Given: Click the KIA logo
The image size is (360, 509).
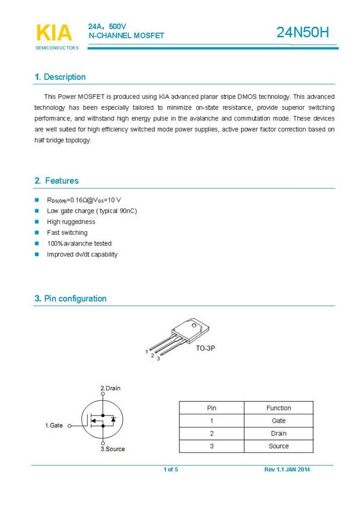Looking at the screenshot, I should point(53,33).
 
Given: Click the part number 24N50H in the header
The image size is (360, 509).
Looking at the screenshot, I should point(303,33).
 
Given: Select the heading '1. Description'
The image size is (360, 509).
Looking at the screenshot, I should point(60,77).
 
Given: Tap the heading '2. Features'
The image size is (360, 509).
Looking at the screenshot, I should point(57,181).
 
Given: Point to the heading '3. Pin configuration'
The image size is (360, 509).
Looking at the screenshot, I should point(71,299).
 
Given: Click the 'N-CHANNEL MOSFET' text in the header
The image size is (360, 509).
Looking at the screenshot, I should point(126,36).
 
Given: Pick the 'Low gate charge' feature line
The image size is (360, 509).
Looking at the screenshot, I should point(92,211).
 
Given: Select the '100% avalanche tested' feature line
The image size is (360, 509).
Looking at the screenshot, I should point(79,244).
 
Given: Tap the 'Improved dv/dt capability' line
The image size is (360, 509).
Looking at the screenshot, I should point(82,254).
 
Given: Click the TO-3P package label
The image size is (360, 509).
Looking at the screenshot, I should point(206,347).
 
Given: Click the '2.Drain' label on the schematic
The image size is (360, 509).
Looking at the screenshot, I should point(110,388).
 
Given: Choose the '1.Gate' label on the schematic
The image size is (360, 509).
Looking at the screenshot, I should point(54,426).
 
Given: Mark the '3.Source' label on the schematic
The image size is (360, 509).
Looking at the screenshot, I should point(113,449).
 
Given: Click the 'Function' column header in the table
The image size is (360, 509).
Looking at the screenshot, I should point(278,408).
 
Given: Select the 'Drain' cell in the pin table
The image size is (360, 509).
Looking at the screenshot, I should point(278,433).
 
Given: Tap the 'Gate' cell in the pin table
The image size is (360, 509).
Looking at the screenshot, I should point(278,421).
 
